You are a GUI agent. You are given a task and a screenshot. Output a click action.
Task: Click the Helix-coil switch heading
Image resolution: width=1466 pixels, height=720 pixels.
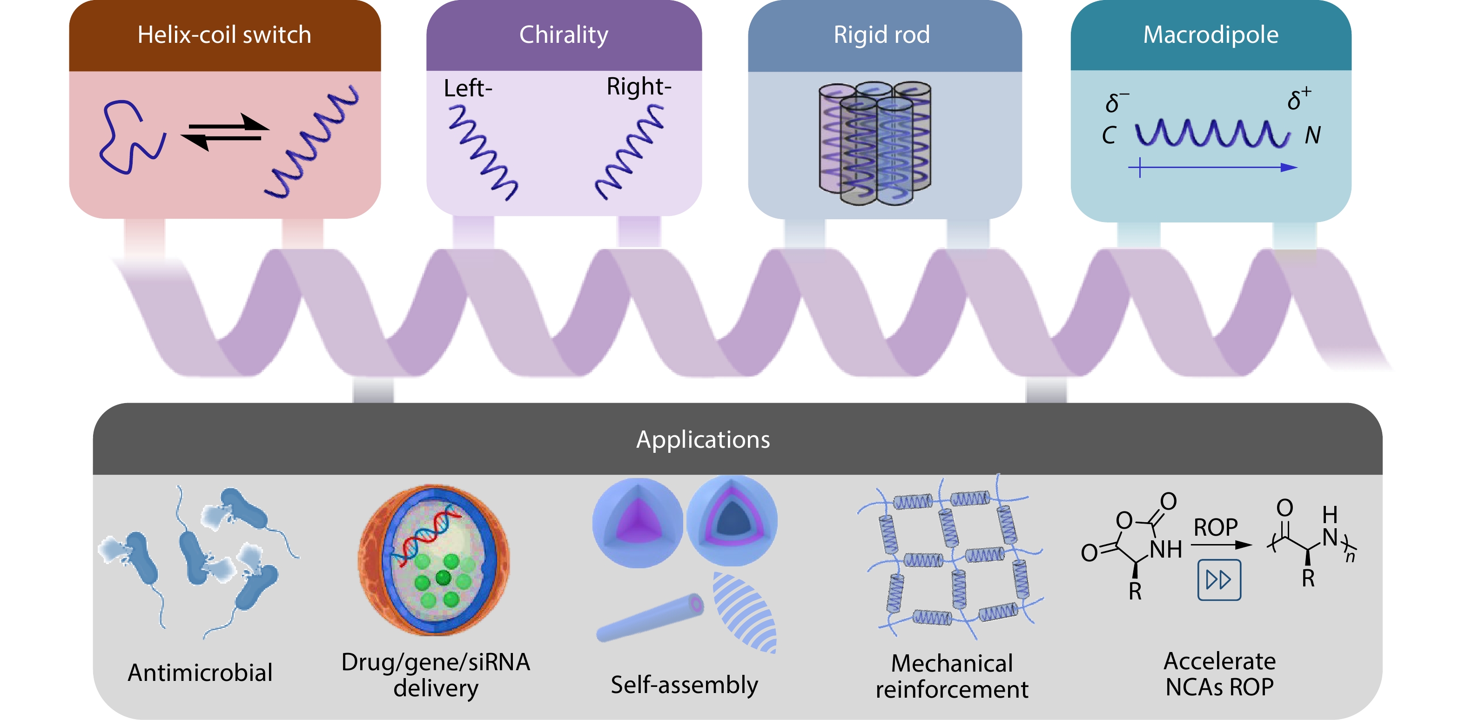click(224, 35)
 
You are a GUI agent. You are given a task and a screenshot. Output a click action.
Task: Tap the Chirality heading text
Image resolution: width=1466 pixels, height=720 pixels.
click(564, 35)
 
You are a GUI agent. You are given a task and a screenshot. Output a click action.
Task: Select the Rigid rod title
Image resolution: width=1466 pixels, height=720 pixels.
click(881, 35)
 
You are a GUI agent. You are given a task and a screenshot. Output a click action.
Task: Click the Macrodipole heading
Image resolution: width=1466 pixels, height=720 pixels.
click(1210, 35)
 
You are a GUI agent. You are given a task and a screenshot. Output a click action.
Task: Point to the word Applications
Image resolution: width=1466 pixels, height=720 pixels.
click(703, 440)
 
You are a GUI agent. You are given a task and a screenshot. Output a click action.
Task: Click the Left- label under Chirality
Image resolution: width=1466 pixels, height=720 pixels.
click(468, 89)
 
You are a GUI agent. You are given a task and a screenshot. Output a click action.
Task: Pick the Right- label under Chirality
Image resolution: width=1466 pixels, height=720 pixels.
click(639, 87)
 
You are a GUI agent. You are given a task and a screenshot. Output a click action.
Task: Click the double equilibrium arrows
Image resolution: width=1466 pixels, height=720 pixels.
click(225, 131)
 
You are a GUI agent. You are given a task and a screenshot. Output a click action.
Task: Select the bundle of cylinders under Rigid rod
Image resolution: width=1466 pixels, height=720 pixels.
click(874, 143)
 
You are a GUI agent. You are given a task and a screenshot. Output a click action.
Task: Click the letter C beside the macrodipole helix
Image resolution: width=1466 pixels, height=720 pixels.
click(1109, 135)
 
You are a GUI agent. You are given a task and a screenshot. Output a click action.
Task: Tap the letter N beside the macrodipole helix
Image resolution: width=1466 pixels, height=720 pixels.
click(1312, 135)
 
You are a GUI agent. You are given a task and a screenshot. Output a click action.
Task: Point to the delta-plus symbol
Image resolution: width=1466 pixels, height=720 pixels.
click(1298, 99)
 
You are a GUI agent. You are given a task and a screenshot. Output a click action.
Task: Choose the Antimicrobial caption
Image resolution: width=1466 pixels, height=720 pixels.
click(200, 673)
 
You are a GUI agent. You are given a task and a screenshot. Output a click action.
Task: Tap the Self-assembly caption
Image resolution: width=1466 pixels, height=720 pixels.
click(684, 685)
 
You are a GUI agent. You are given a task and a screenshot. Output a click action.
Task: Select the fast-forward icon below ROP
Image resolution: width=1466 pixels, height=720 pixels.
click(1219, 580)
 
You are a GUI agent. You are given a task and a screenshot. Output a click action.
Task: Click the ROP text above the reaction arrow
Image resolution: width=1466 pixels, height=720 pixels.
click(1215, 528)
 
